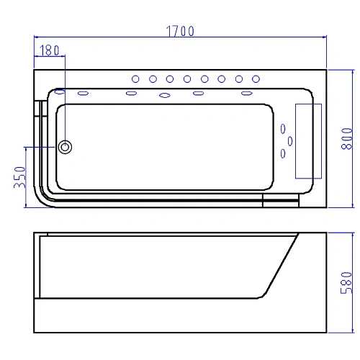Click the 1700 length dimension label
(180, 31)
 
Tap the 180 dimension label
(50, 50)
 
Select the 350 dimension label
(19, 177)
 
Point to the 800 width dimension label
(347, 139)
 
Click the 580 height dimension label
(346, 283)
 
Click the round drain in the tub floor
(65, 147)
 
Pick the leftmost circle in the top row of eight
(135, 79)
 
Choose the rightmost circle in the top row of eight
(256, 79)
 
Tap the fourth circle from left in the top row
(187, 79)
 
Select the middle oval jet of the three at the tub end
(290, 141)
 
